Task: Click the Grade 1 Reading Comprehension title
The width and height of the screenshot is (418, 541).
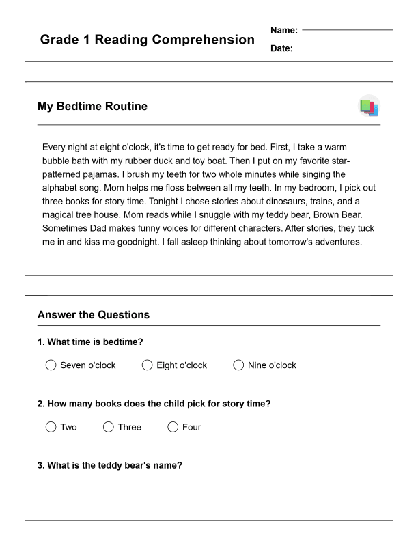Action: tap(147, 40)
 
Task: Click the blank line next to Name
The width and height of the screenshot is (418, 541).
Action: tap(348, 30)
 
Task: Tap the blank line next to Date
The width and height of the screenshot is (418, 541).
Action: tap(345, 48)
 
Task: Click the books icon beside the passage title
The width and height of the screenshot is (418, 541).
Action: tap(369, 107)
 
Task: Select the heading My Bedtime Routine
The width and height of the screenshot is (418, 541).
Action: tap(92, 107)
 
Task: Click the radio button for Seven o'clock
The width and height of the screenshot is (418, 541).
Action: tap(51, 365)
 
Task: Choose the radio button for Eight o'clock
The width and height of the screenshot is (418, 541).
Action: tap(147, 365)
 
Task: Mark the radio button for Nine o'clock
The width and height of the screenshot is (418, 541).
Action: tap(238, 365)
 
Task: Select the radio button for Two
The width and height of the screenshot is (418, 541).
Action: tap(51, 427)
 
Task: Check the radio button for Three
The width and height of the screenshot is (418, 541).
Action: tap(108, 427)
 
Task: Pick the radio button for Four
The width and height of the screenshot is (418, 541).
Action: tap(173, 427)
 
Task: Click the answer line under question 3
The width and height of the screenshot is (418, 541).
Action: tap(208, 491)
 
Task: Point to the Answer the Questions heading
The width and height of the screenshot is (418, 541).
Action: tap(94, 315)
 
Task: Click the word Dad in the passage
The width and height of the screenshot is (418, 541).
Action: tap(100, 228)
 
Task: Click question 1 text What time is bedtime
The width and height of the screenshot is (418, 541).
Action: tap(90, 342)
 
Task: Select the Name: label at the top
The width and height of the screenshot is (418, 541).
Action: tap(284, 30)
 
